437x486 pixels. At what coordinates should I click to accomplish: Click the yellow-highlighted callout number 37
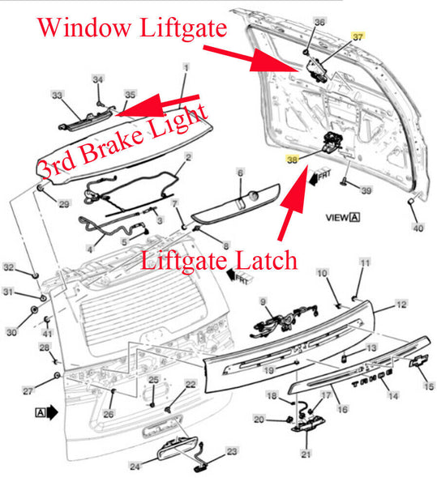pyautogui.click(x=358, y=37)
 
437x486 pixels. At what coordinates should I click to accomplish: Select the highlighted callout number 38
pyautogui.click(x=292, y=160)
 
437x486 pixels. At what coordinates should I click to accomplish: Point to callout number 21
pyautogui.click(x=306, y=454)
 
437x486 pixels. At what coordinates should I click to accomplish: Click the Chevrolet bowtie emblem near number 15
pyautogui.click(x=418, y=360)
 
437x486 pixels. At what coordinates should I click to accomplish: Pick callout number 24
pyautogui.click(x=135, y=466)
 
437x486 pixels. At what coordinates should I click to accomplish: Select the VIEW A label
pyautogui.click(x=343, y=218)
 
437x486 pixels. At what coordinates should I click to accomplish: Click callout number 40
pyautogui.click(x=418, y=228)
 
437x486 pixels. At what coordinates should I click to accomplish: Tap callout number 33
pyautogui.click(x=57, y=95)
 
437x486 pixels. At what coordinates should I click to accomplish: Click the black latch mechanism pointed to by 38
pyautogui.click(x=332, y=141)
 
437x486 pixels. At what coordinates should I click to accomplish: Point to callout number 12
pyautogui.click(x=401, y=305)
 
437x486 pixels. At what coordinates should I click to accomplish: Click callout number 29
pyautogui.click(x=64, y=203)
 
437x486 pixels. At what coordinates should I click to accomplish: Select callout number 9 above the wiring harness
pyautogui.click(x=263, y=301)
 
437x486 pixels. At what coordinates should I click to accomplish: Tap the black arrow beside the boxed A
pyautogui.click(x=52, y=412)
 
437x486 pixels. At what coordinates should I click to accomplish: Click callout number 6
pyautogui.click(x=240, y=173)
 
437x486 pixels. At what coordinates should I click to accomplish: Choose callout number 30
pyautogui.click(x=12, y=332)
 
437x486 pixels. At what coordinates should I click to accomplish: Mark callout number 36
pyautogui.click(x=319, y=22)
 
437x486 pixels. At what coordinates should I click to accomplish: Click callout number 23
pyautogui.click(x=232, y=451)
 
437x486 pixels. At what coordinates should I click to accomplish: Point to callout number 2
pyautogui.click(x=188, y=157)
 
